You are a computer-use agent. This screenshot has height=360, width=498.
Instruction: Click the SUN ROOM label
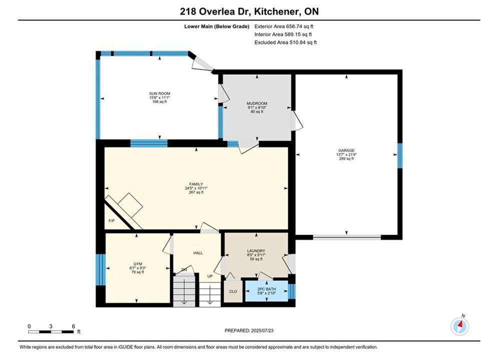160,93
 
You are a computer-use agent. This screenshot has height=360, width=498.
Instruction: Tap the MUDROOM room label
257,103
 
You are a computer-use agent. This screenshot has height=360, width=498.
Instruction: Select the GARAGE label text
346,150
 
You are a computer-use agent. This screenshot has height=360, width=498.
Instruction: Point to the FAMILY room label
196,184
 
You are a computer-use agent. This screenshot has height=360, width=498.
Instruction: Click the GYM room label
138,264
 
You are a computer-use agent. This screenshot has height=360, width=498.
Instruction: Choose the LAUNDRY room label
256,251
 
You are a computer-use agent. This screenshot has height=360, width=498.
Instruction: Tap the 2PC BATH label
266,289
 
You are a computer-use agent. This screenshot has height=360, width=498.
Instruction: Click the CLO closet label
233,291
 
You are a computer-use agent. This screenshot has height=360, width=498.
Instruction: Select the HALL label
198,253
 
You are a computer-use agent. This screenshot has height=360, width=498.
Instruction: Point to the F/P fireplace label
112,221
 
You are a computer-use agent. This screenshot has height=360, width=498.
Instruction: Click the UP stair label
210,276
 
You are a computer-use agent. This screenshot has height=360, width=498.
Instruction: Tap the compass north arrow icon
459,325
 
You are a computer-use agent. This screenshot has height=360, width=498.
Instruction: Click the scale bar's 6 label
74,326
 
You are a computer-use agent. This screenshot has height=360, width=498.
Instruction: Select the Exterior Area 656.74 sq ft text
284,26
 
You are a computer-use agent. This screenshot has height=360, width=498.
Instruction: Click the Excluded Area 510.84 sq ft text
285,42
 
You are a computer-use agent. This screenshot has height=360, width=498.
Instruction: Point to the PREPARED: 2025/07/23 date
249,330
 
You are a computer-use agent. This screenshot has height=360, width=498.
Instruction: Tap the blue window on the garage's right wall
400,155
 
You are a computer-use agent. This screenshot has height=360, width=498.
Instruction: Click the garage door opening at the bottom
347,237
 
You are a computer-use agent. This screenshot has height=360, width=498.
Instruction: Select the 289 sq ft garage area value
346,158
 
